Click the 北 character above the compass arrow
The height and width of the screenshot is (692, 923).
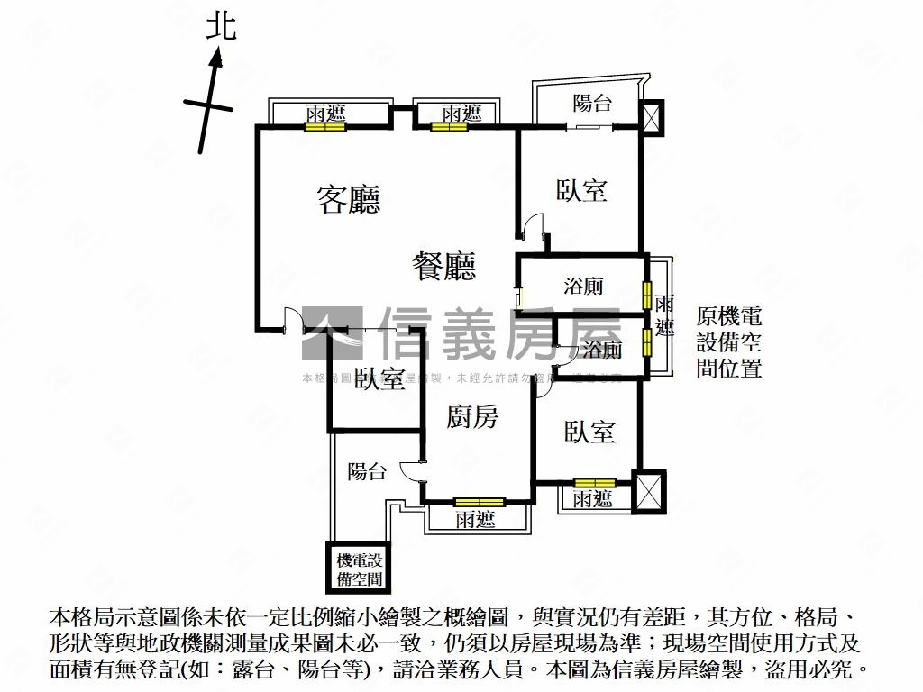point(221,26)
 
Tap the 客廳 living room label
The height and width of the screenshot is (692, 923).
point(348,199)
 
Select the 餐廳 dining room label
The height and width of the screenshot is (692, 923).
point(443,266)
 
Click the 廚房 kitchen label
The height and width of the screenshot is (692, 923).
point(473,416)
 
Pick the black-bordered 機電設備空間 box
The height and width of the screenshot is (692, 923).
point(359,569)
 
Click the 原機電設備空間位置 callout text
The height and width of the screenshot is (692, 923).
point(729,342)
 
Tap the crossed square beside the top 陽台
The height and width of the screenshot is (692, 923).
point(651,116)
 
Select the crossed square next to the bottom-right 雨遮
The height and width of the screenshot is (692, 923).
point(650,491)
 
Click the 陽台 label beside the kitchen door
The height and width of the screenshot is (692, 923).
point(367,471)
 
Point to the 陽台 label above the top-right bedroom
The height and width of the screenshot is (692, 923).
point(592,103)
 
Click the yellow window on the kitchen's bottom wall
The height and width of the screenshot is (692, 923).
point(479,502)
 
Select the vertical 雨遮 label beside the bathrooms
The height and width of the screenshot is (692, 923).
point(663,315)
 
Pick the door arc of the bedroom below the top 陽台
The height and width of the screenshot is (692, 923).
point(535,225)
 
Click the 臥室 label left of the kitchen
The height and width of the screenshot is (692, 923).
point(379,379)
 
